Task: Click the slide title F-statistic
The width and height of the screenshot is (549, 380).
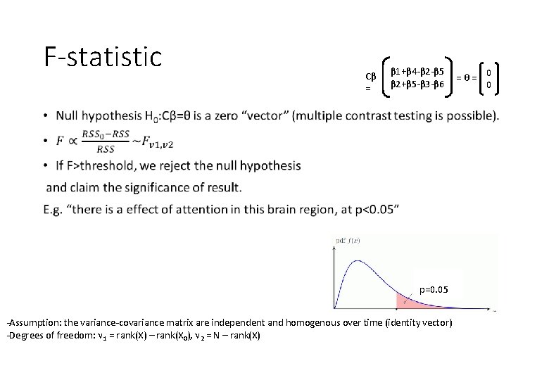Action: pyautogui.click(x=103, y=57)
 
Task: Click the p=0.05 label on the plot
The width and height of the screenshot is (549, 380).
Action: pyautogui.click(x=433, y=289)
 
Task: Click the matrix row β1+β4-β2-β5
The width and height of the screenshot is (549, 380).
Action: pyautogui.click(x=417, y=72)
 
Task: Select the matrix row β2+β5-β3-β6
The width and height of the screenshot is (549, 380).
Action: pyautogui.click(x=417, y=84)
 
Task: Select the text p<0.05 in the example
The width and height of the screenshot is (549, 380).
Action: pyautogui.click(x=374, y=209)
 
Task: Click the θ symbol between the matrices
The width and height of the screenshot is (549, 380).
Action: pyautogui.click(x=465, y=76)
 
